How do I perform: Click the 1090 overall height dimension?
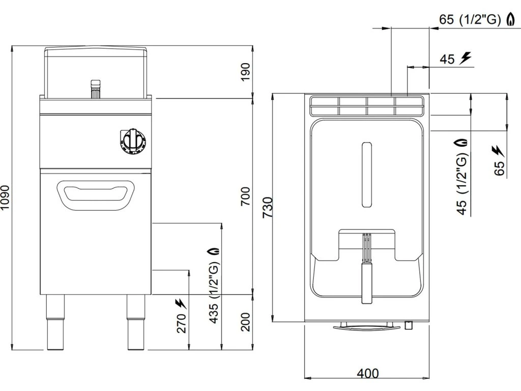click(6, 198)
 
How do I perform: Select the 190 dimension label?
click(245, 72)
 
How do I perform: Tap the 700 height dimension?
click(245, 196)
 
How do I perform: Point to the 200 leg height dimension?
click(245, 322)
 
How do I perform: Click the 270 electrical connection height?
click(182, 323)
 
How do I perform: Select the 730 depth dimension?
click(268, 208)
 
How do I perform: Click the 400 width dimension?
click(368, 373)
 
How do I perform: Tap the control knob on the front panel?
click(133, 141)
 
